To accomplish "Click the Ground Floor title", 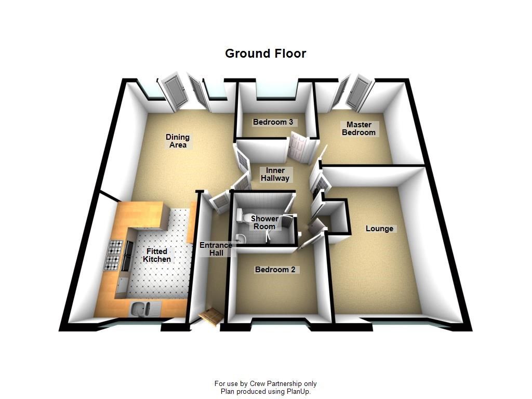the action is coord(265,54).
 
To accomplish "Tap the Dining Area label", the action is coord(178,141).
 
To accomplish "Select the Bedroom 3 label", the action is coord(273,122).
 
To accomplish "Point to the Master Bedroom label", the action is coord(358,129).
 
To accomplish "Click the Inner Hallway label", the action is coord(275,174).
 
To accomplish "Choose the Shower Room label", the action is coord(264,222).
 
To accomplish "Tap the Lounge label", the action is coord(379,229).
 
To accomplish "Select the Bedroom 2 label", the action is coord(275,270).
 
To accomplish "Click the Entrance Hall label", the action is coord(216,249).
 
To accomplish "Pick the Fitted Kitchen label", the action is coord(157,255).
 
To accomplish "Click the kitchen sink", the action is coord(140,309).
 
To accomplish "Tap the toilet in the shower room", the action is coord(240,215).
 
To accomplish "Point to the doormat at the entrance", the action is coord(211,317).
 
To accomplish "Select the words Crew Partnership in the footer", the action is coord(275,384).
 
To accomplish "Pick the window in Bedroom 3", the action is coord(277,90).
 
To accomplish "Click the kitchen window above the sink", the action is coord(139,324).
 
